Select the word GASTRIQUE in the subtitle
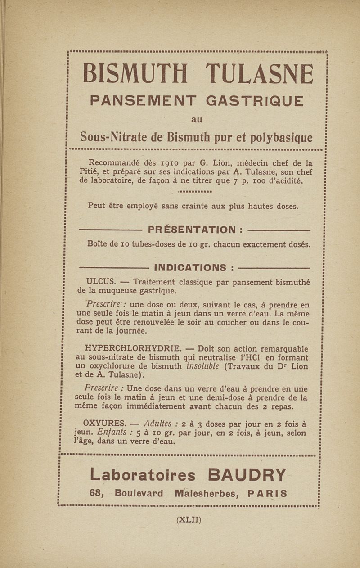[x=254, y=101]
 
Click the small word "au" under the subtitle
[x=197, y=120]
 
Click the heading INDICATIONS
[x=189, y=268]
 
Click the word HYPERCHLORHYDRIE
[x=133, y=348]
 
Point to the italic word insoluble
[x=202, y=366]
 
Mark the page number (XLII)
[x=189, y=520]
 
